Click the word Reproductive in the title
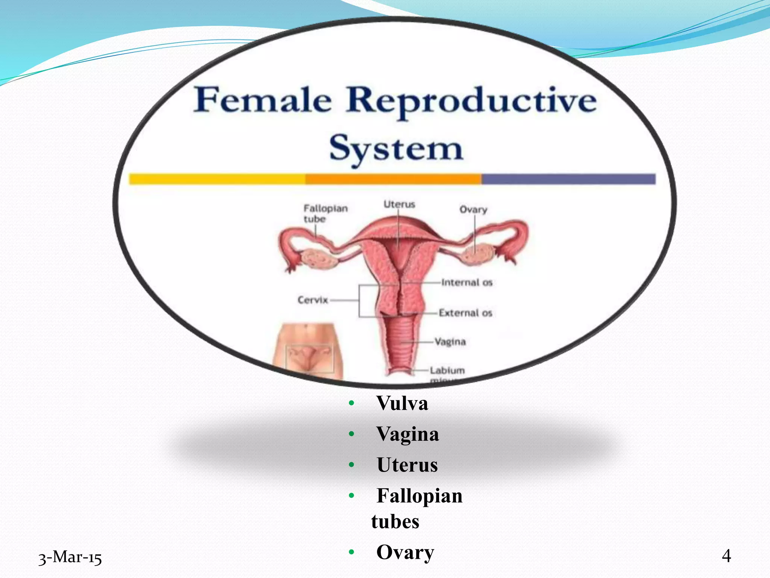[471, 101]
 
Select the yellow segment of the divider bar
[217, 179]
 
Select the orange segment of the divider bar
[393, 179]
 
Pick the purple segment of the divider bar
[568, 179]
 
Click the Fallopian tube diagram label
[325, 213]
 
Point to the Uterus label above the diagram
[399, 204]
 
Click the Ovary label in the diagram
[473, 210]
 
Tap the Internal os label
[467, 282]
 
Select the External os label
[465, 313]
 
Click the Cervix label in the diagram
[313, 300]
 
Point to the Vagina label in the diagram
[450, 342]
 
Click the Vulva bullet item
[402, 403]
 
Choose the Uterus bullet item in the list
[407, 465]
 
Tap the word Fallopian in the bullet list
[419, 496]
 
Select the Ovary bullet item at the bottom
[405, 552]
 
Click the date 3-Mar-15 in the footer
[70, 557]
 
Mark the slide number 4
[726, 556]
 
